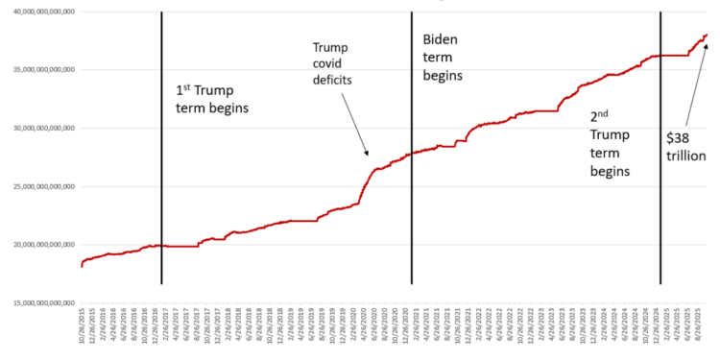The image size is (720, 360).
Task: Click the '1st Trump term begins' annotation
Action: tap(211, 98)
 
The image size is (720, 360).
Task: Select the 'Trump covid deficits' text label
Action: tap(330, 63)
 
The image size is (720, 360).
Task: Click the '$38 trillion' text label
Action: tap(684, 145)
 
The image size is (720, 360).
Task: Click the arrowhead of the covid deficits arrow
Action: tap(367, 154)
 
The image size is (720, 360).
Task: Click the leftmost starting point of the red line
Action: tap(83, 266)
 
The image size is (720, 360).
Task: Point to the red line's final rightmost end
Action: tap(708, 35)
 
